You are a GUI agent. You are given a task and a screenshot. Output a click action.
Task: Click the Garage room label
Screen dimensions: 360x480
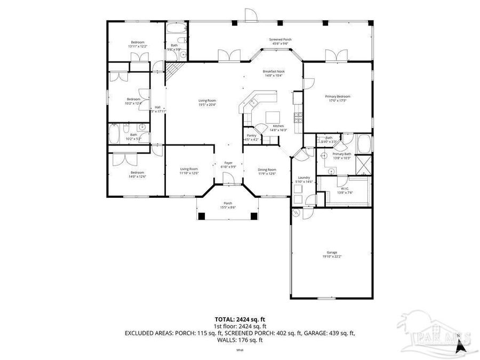pos(332,252)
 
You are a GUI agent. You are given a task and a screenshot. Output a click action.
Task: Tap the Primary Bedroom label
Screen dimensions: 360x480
pos(338,97)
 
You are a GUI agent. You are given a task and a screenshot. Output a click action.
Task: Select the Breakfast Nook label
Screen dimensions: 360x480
pos(274,71)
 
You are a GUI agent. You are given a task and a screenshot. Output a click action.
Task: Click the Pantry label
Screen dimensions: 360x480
pos(251,135)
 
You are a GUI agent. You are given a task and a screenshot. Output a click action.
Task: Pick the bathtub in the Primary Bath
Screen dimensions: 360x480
pos(363,145)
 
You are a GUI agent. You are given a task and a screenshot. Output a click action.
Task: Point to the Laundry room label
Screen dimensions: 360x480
pos(304,177)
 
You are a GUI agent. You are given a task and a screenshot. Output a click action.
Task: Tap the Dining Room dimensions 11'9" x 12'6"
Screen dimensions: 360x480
pos(267,173)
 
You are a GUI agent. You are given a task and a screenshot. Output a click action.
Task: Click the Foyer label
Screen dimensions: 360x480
pos(228,163)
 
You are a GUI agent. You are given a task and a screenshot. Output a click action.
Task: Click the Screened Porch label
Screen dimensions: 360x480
pos(280,39)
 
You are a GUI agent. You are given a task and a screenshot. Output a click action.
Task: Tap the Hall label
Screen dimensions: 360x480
pos(157,107)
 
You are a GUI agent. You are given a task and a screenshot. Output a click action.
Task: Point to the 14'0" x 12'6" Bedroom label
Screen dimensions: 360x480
pos(137,172)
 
